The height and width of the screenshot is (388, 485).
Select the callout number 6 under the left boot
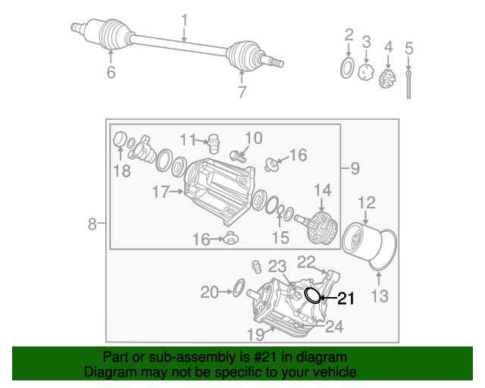pyautogui.click(x=111, y=73)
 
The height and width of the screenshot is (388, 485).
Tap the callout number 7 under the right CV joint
pyautogui.click(x=242, y=93)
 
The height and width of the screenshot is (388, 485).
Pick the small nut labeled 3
pyautogui.click(x=366, y=74)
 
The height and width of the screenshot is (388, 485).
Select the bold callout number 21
pyautogui.click(x=345, y=299)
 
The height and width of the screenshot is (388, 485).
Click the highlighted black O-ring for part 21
pyautogui.click(x=312, y=294)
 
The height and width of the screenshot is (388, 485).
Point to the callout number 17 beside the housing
pyautogui.click(x=160, y=192)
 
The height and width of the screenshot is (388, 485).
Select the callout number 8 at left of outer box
pyautogui.click(x=92, y=224)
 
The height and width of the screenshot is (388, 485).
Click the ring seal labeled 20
pyautogui.click(x=237, y=287)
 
